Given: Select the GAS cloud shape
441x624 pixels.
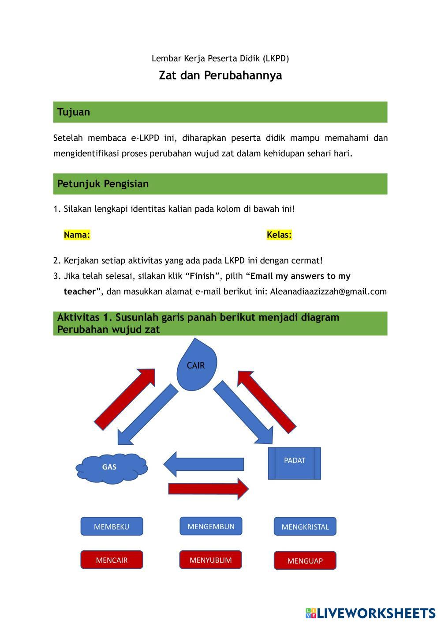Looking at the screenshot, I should tap(111, 467).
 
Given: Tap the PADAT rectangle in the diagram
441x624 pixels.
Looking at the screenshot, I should tap(295, 463).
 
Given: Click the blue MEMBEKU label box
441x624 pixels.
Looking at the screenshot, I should tap(112, 526).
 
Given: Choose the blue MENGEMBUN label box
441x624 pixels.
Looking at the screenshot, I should tap(211, 526).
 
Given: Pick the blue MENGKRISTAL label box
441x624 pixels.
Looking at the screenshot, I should tap(305, 526).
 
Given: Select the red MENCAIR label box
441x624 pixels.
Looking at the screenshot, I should tap(112, 560).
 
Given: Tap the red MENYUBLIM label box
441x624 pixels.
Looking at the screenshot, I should tap(211, 560).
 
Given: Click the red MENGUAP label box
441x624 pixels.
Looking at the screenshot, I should tap(305, 560).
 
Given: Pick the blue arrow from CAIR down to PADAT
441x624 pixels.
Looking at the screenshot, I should tap(244, 412).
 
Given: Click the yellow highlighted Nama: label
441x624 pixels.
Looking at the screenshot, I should tap(77, 235).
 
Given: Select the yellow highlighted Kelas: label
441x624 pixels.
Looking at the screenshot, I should tap(279, 235).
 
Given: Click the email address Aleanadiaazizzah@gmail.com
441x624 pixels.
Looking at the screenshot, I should tap(328, 292).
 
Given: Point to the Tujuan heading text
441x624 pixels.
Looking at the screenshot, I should tap(74, 112).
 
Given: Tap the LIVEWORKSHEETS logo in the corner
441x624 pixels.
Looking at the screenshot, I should tap(370, 613).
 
